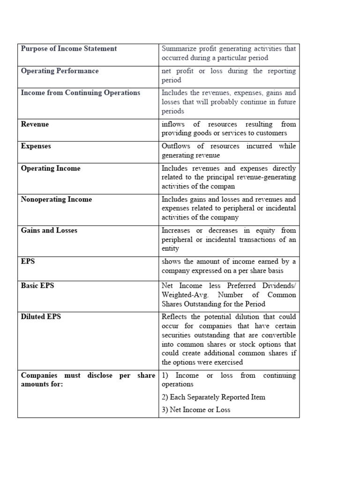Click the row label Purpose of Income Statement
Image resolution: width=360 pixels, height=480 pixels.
[x=69, y=49]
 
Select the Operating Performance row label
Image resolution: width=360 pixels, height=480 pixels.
[x=60, y=71]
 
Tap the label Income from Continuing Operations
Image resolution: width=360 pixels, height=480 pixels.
[x=81, y=93]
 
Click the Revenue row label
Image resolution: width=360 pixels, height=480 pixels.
[x=35, y=124]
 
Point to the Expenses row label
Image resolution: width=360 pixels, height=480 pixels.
[x=36, y=146]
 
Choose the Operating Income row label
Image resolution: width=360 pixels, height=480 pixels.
[x=51, y=168]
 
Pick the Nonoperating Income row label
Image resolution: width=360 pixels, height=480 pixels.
[x=56, y=200]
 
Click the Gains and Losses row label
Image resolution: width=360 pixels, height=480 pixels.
[x=49, y=231]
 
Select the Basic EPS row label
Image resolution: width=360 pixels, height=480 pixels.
[x=37, y=285]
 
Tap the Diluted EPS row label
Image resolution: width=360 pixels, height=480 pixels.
[x=41, y=317]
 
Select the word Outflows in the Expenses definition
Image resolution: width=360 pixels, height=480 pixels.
[x=175, y=146]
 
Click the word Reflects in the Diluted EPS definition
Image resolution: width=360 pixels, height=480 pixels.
[x=174, y=317]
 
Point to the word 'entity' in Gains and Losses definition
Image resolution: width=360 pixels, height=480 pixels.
[x=170, y=248]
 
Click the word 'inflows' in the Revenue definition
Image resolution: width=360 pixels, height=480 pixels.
[x=173, y=124]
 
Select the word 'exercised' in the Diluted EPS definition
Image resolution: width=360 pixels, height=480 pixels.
[x=228, y=362]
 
